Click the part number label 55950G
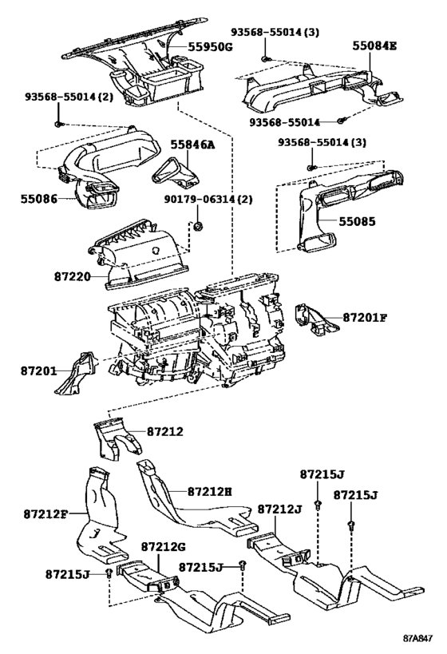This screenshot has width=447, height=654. click(210, 46)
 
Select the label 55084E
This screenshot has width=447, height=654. click(374, 46)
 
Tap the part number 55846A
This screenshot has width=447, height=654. click(192, 145)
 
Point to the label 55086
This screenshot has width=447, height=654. click(39, 199)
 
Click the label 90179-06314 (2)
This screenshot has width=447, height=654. click(208, 200)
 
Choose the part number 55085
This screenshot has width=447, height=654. click(357, 221)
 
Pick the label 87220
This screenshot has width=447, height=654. click(72, 276)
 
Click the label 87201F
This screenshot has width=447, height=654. click(366, 318)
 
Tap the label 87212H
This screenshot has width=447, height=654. click(210, 492)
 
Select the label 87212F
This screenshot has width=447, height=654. click(45, 514)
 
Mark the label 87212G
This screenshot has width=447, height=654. click(164, 547)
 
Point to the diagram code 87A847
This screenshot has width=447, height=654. click(417, 639)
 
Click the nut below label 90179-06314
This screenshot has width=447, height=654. click(199, 226)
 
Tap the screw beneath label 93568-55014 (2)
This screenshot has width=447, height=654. click(59, 124)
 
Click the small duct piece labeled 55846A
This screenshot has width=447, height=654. click(176, 172)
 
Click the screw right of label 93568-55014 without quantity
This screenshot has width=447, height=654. click(341, 121)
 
